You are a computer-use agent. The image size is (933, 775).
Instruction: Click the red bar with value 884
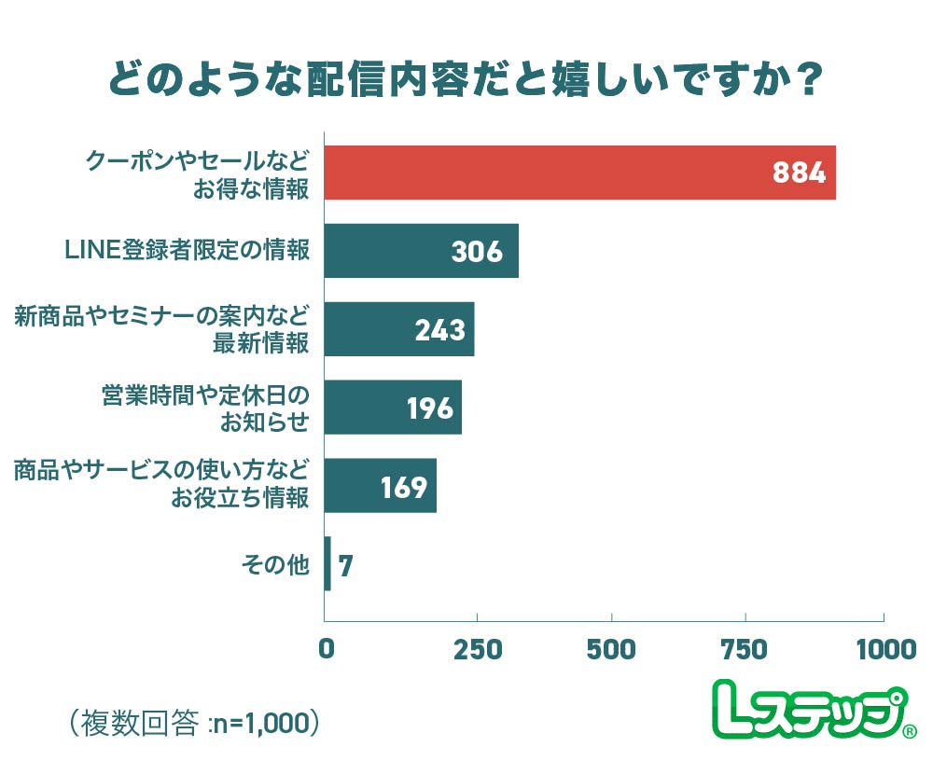point(578,173)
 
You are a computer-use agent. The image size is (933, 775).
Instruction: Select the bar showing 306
point(420,251)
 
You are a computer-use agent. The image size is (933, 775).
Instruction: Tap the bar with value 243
point(398,329)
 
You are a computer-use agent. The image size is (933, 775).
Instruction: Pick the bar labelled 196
point(392,408)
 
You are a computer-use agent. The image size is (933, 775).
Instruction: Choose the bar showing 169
point(380,486)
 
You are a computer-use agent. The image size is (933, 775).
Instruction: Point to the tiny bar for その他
point(327,564)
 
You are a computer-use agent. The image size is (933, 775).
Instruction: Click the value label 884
point(800,173)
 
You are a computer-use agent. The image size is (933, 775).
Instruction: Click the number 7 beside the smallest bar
point(345,566)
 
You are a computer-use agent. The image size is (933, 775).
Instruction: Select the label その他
point(274,564)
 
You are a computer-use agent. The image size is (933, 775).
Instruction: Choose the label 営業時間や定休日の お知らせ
point(204,408)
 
